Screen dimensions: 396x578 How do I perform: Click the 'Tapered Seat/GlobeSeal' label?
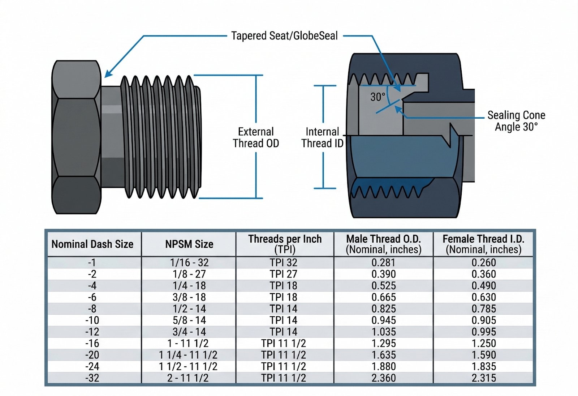[x=284, y=36]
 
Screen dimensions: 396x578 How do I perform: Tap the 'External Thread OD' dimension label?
[x=256, y=137]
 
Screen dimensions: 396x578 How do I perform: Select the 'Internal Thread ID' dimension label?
[x=322, y=137]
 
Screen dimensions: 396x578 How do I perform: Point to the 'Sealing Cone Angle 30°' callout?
[x=516, y=121]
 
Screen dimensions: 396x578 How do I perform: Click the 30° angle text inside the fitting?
[x=378, y=97]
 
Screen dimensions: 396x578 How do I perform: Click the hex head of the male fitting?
[x=76, y=137]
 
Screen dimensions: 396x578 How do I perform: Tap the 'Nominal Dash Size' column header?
[x=92, y=244]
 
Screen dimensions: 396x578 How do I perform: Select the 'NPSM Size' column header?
[x=189, y=244]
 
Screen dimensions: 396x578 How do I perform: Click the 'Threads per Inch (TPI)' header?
[x=285, y=244]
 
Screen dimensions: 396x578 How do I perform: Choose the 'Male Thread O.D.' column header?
[x=383, y=244]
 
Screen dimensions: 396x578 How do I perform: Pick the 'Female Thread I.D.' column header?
[x=483, y=244]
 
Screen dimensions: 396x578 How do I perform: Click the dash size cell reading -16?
[x=92, y=343]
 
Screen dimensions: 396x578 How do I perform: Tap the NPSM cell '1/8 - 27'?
[x=189, y=274]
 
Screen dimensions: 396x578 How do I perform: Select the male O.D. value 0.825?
[x=384, y=309]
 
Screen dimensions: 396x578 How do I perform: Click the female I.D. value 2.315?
[x=484, y=378]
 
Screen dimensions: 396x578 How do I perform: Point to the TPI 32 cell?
[x=284, y=263]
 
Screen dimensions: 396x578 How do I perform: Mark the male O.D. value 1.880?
[x=384, y=366]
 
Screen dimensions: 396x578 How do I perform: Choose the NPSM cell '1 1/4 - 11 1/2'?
[x=188, y=355]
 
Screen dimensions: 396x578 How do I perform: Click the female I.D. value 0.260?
[x=484, y=263]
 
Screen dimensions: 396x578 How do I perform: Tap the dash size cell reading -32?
[x=92, y=378]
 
